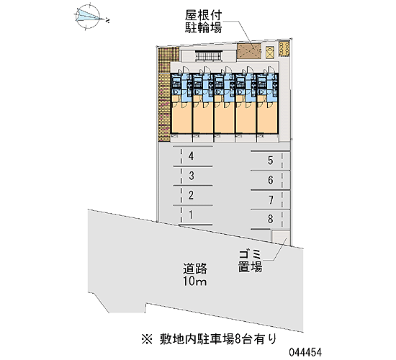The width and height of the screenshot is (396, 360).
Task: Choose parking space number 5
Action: tap(271, 161)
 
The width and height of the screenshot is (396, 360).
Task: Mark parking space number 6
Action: tap(271, 180)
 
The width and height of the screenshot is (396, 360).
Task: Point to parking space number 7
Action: tap(271, 200)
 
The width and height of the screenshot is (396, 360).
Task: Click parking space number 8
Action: tap(271, 219)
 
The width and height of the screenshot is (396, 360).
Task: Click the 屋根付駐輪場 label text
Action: tap(204, 22)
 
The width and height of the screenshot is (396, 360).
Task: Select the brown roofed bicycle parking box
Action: tap(249, 51)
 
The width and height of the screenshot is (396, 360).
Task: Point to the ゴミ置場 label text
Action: tap(251, 261)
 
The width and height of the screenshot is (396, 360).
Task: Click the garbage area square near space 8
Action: tap(280, 236)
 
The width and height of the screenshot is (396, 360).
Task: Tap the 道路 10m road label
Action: tap(195, 274)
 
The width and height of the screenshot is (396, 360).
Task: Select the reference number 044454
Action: tap(305, 352)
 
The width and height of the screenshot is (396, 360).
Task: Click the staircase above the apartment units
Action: tap(209, 56)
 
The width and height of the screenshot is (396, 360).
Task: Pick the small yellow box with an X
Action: tap(270, 52)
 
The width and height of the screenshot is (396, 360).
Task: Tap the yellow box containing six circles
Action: tap(284, 48)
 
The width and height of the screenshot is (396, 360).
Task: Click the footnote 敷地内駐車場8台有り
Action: tap(217, 339)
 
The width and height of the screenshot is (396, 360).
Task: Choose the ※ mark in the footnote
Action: tap(147, 339)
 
